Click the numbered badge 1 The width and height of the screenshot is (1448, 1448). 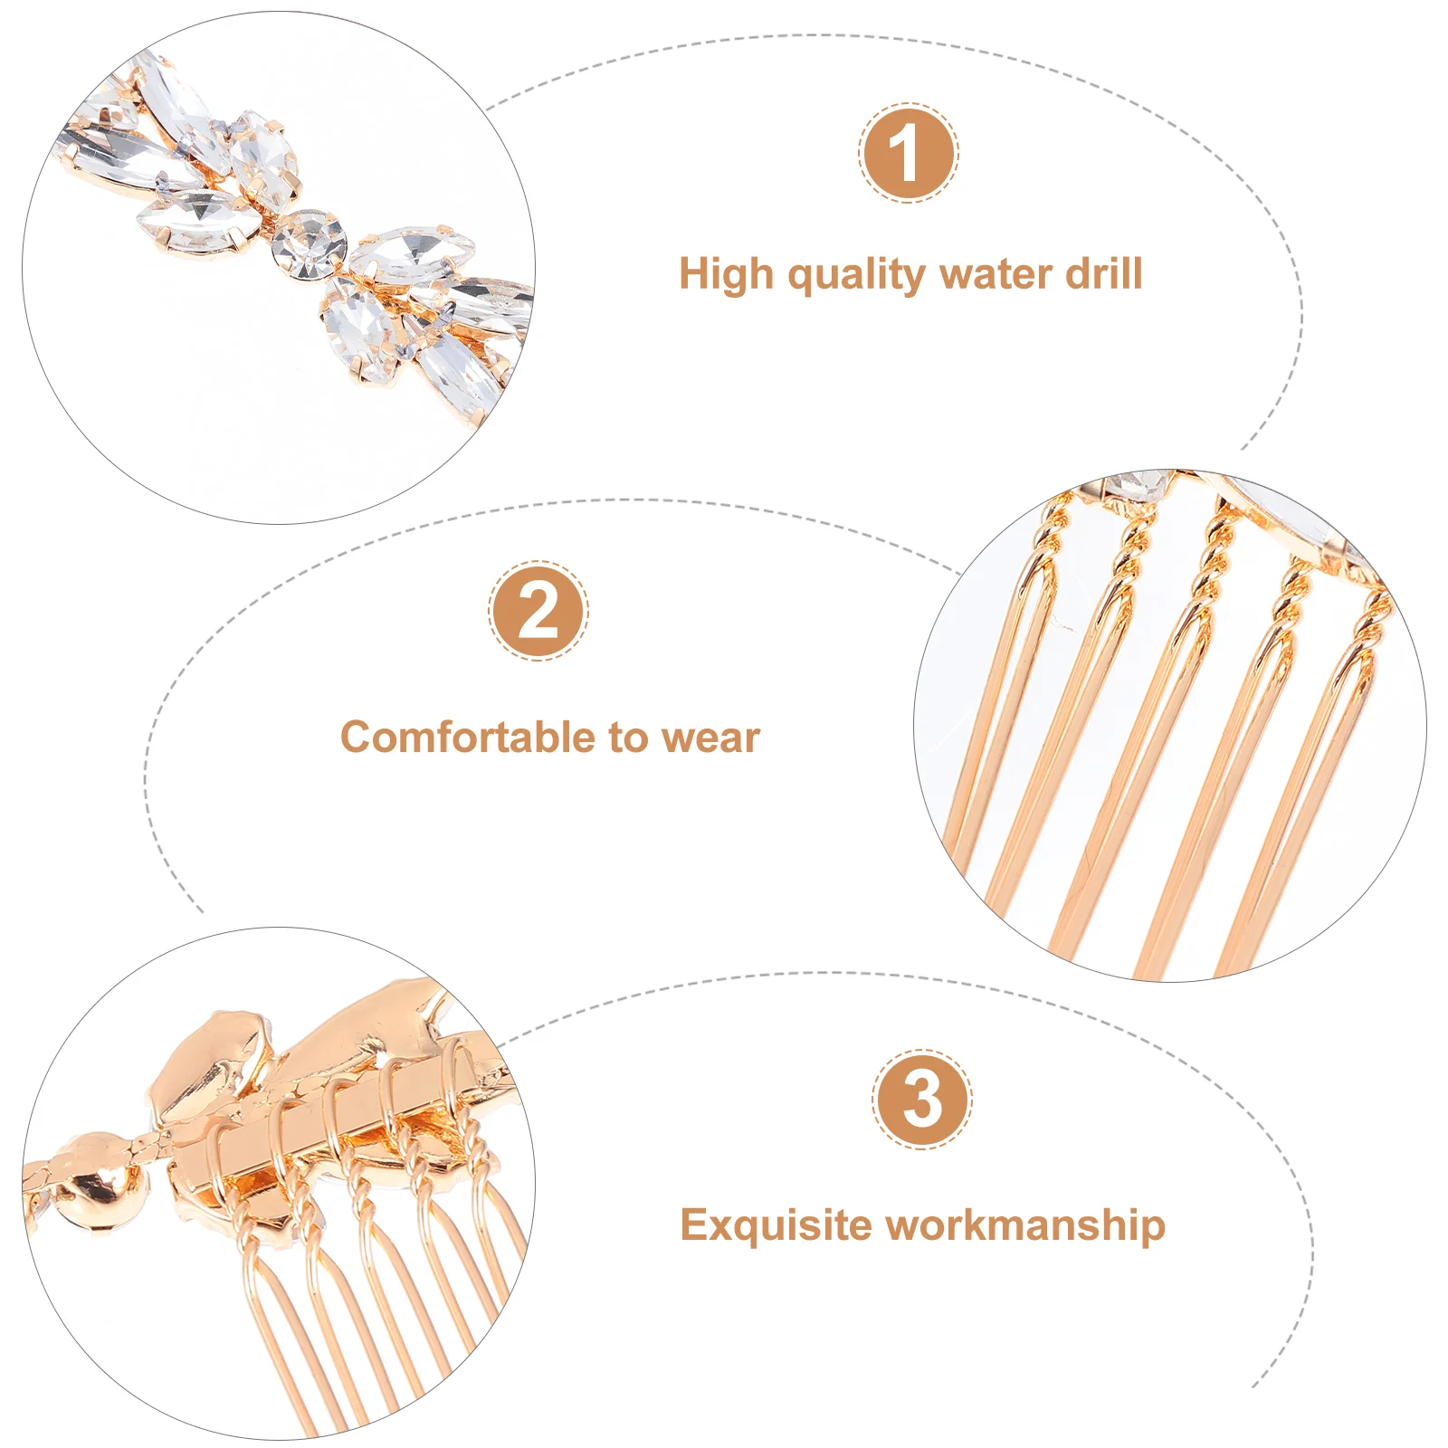tap(908, 152)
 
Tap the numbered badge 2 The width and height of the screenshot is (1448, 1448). tap(538, 611)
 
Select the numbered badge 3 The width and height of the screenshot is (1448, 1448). tap(922, 1100)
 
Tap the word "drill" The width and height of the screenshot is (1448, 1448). tap(1103, 273)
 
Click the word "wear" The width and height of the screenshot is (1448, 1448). tap(710, 738)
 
